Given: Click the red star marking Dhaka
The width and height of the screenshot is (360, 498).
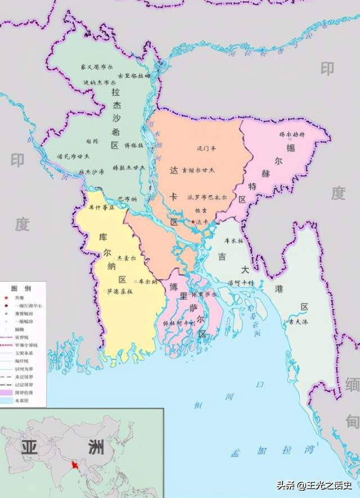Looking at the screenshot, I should [193, 222].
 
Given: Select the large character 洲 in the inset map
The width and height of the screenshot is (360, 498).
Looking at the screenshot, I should [96, 447].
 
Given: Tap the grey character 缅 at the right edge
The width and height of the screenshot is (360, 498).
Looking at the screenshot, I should [352, 386].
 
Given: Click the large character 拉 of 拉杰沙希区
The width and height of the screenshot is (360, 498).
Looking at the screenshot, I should [115, 92].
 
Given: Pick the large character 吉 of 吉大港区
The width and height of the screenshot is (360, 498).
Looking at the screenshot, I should [223, 257].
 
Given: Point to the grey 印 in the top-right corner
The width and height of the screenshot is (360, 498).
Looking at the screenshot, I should [327, 69].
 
